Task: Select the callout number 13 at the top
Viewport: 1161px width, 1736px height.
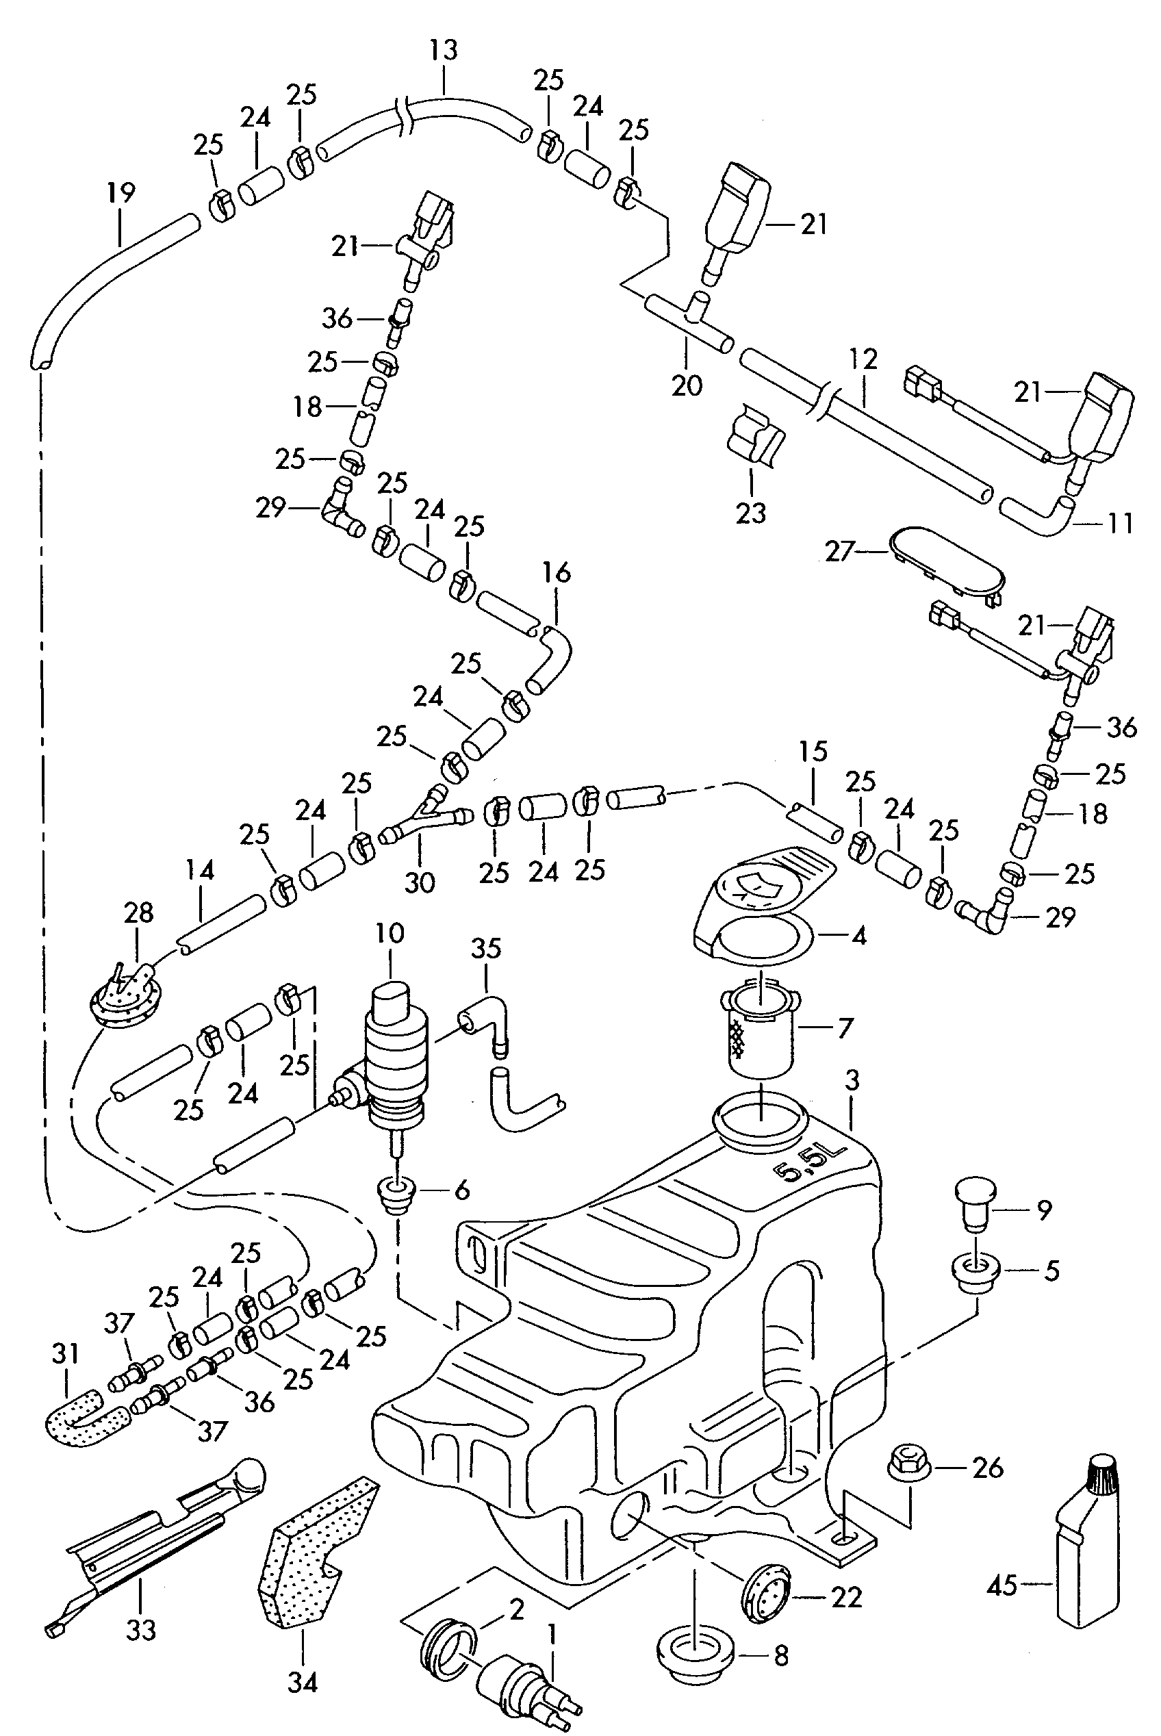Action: tap(443, 51)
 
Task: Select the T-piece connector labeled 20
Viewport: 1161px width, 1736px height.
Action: tap(689, 319)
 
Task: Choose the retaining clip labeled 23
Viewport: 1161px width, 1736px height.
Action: tap(755, 437)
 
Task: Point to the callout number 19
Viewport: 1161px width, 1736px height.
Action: tap(120, 193)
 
